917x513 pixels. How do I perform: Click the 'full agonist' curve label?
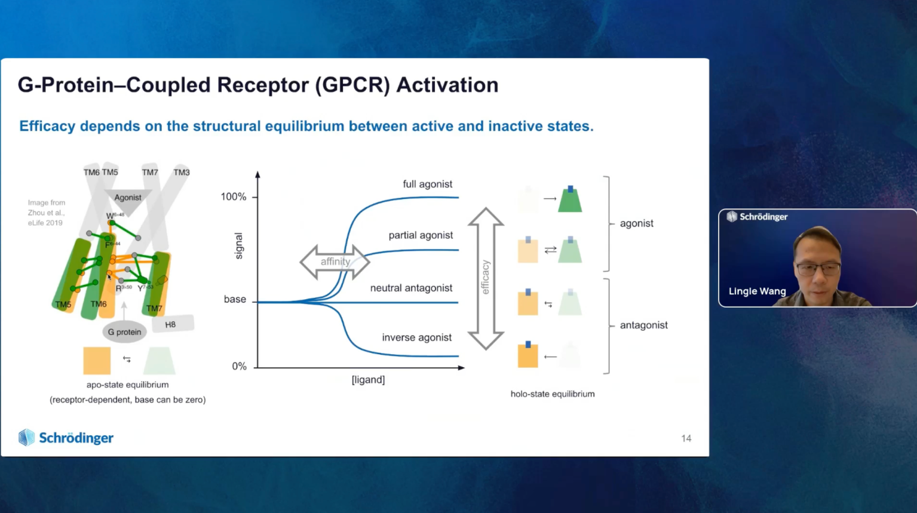coord(427,184)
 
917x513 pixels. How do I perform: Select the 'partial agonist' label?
coord(421,235)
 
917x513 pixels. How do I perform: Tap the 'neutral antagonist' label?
coord(411,288)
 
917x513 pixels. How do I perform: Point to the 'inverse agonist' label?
coord(416,337)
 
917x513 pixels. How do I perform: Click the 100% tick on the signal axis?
coord(234,197)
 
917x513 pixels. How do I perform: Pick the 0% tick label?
coord(239,366)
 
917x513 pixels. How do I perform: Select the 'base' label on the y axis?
coord(235,299)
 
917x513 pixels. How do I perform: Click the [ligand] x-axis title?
coord(368,380)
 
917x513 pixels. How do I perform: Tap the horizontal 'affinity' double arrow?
coord(335,262)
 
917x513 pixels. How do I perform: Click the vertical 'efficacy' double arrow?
coord(486,278)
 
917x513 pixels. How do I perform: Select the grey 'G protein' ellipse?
coord(124,332)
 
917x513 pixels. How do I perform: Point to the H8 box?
coord(171,324)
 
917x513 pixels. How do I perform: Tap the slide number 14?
coord(686,438)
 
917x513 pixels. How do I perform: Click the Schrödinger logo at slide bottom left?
coord(66,438)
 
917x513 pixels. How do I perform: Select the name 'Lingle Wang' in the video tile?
coord(757,291)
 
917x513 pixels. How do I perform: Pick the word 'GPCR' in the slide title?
coord(352,85)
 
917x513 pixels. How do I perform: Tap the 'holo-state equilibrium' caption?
coord(553,394)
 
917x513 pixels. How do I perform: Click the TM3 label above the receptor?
coord(182,173)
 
